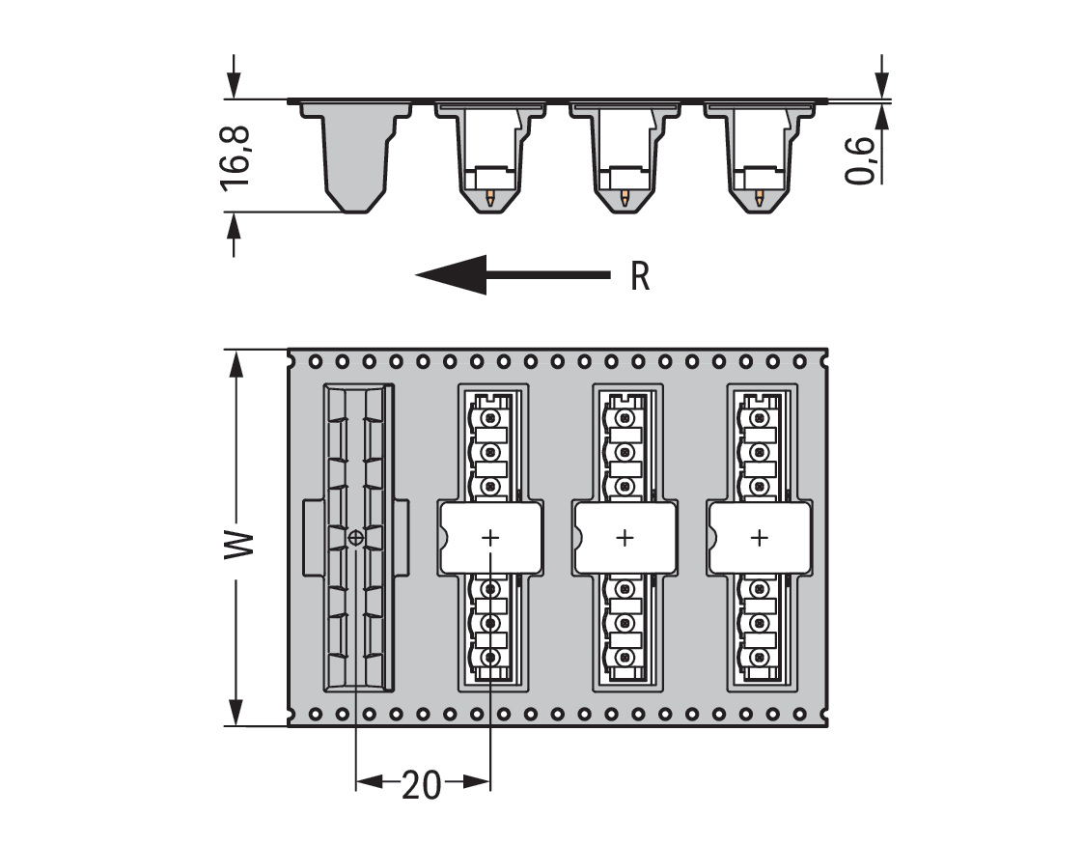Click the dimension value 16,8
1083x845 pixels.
pyautogui.click(x=235, y=154)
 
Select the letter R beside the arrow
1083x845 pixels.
pyautogui.click(x=640, y=276)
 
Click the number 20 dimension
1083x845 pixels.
pyautogui.click(x=421, y=785)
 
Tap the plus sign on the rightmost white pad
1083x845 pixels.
pyautogui.click(x=760, y=537)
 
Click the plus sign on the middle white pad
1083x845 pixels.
pyautogui.click(x=625, y=537)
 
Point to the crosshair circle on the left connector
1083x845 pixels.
pyautogui.click(x=356, y=537)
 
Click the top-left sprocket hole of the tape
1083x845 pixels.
pyautogui.click(x=316, y=361)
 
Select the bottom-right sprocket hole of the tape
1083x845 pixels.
pyautogui.click(x=799, y=714)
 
